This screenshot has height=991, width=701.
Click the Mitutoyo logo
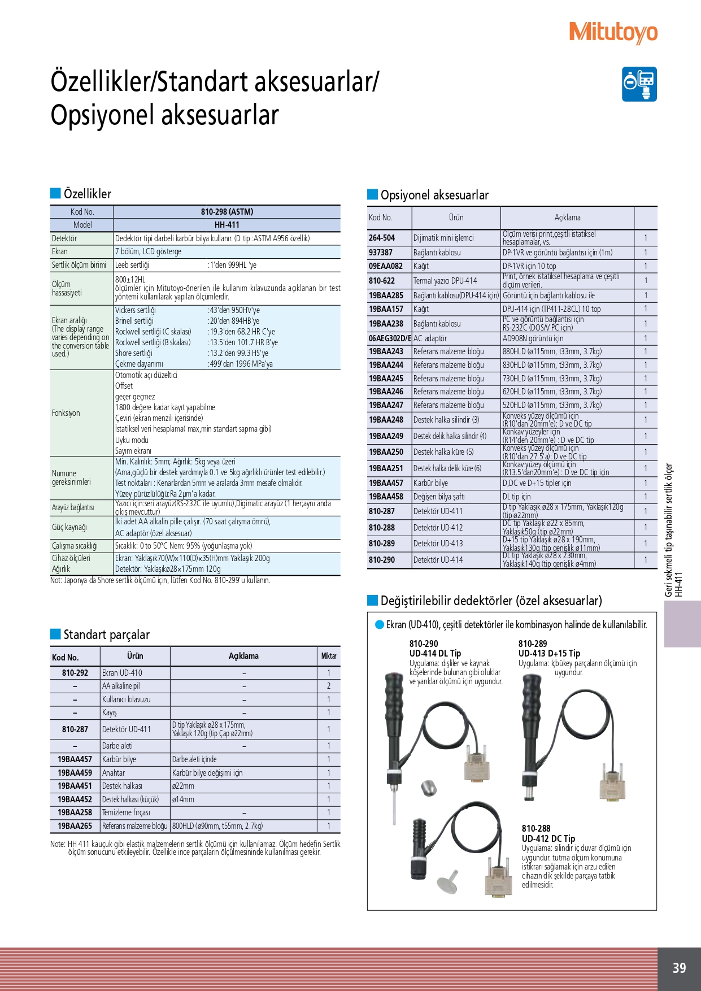pyautogui.click(x=613, y=33)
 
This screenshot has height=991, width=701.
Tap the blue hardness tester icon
pyautogui.click(x=639, y=84)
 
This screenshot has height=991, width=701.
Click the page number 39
pyautogui.click(x=679, y=968)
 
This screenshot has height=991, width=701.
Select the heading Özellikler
pyautogui.click(x=87, y=194)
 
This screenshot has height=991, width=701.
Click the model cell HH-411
pyautogui.click(x=227, y=225)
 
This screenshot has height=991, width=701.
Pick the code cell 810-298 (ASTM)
pyautogui.click(x=227, y=212)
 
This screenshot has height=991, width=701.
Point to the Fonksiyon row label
pyautogui.click(x=66, y=413)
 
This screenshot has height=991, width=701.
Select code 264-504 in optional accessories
pyautogui.click(x=382, y=238)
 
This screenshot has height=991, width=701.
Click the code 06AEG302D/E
pyautogui.click(x=389, y=338)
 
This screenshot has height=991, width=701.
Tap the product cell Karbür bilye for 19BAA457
pyautogui.click(x=430, y=483)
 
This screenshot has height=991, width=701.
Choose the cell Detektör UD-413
pyautogui.click(x=438, y=544)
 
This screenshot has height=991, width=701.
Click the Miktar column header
pyautogui.click(x=329, y=656)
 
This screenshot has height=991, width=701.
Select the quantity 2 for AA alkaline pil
pyautogui.click(x=329, y=686)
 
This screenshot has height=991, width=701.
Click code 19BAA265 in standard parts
pyautogui.click(x=75, y=826)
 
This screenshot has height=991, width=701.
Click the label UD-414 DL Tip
pyautogui.click(x=435, y=653)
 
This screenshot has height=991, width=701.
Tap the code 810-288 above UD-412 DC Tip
pyautogui.click(x=536, y=828)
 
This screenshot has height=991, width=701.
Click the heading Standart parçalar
pyautogui.click(x=106, y=634)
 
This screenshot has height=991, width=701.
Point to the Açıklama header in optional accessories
pyautogui.click(x=567, y=218)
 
